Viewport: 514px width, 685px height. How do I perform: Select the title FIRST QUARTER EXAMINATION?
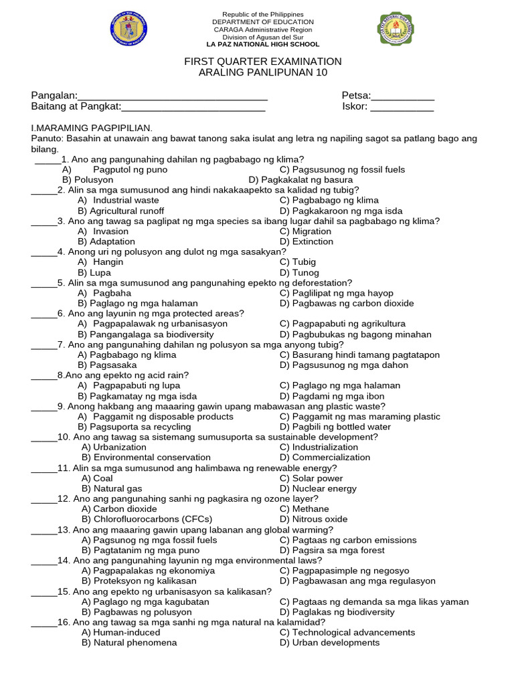(263, 62)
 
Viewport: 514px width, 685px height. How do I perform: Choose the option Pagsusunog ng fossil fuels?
(342, 170)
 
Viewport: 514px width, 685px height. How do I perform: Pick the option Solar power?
(311, 478)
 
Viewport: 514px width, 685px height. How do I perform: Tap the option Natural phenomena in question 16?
(129, 643)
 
